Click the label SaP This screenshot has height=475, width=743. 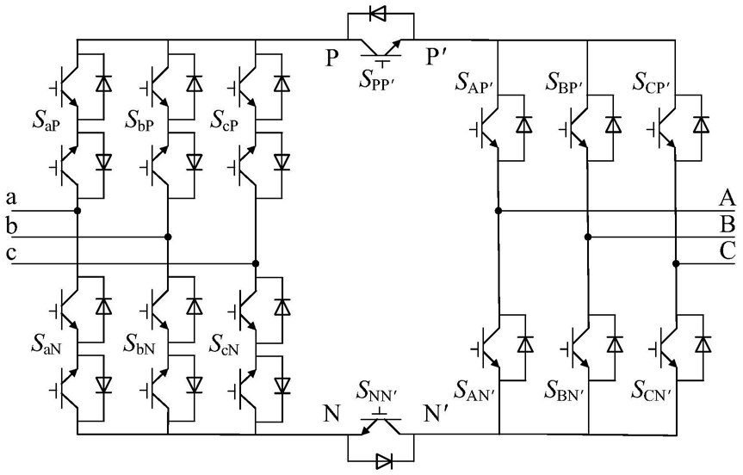[46, 121]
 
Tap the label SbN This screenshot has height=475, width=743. [139, 344]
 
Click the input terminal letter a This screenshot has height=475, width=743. [11, 197]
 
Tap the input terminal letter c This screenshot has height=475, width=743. [11, 252]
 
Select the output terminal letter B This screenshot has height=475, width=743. [728, 224]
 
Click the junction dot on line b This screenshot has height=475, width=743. [167, 237]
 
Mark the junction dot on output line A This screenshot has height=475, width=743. [498, 211]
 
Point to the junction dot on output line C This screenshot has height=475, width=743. [676, 264]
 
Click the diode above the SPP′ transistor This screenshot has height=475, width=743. [377, 14]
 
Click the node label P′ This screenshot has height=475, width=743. [433, 58]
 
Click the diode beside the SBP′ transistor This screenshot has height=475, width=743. [613, 125]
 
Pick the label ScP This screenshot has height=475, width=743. [225, 121]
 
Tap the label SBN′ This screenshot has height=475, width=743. [563, 391]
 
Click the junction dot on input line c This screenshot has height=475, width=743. [256, 263]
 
